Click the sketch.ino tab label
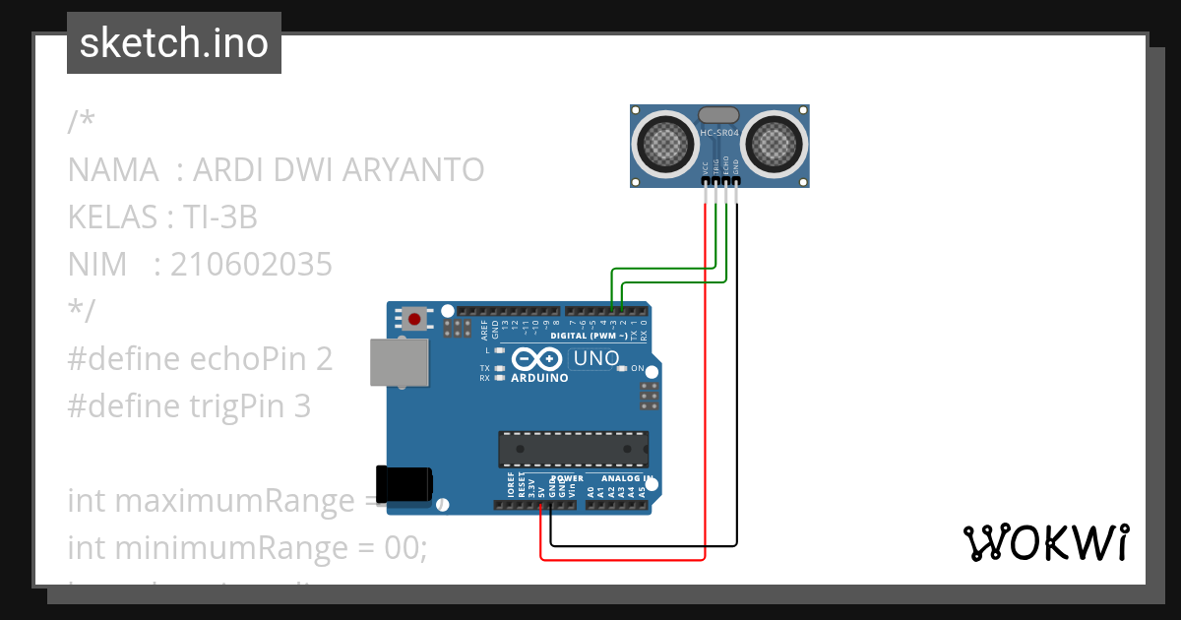(174, 43)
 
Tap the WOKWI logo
(1045, 542)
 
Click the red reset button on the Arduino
(415, 318)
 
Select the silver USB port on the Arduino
(399, 362)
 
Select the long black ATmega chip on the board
(573, 448)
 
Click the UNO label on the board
(595, 358)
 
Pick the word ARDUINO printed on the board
(539, 378)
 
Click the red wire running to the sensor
(706, 394)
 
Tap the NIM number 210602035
(251, 265)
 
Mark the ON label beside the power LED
(638, 369)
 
